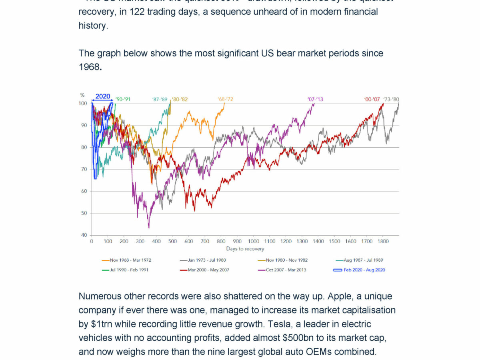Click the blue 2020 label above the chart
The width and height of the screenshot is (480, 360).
[103, 96]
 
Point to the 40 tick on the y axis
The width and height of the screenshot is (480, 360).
[84, 235]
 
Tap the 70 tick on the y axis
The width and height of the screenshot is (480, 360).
[84, 170]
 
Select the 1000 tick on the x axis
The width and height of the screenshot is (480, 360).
[253, 242]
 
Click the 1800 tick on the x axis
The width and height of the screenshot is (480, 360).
[383, 242]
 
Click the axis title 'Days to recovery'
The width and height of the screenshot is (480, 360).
[245, 249]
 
